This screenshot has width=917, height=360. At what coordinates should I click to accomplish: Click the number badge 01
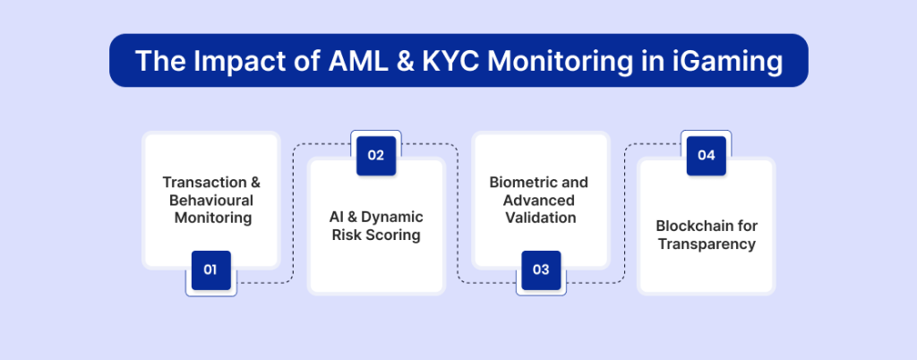210,270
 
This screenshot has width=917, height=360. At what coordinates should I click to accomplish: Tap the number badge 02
375,155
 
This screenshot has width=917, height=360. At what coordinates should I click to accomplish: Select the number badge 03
540,270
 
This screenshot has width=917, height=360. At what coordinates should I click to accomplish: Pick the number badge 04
706,155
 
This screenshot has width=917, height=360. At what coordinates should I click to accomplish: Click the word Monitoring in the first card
211,218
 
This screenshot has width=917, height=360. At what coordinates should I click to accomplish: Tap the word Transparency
706,244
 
